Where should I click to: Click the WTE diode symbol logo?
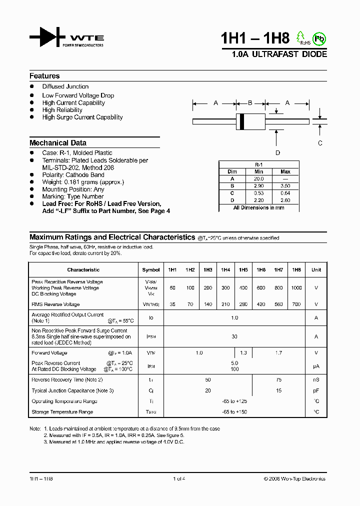tap(47, 37)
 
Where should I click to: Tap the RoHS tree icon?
tap(300, 36)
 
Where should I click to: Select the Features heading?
tap(44, 76)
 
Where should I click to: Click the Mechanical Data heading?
tap(58, 142)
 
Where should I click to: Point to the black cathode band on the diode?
tap(242, 121)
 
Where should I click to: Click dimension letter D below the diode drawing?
tap(277, 153)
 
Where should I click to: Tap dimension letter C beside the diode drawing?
tap(320, 142)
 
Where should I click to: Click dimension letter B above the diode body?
tap(250, 103)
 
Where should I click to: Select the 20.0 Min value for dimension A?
tap(258, 178)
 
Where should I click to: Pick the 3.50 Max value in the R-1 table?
tap(285, 185)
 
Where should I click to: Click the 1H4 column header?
tap(225, 270)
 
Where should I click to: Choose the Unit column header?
tap(316, 270)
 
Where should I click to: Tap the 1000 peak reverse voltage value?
tap(296, 288)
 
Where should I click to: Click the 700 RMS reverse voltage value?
tap(296, 304)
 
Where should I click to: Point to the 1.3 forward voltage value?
tap(243, 353)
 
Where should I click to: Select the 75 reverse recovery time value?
tap(279, 380)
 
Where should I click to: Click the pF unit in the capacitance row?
tap(316, 391)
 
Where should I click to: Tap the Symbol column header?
tap(151, 270)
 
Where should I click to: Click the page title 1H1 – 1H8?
tap(255, 39)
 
